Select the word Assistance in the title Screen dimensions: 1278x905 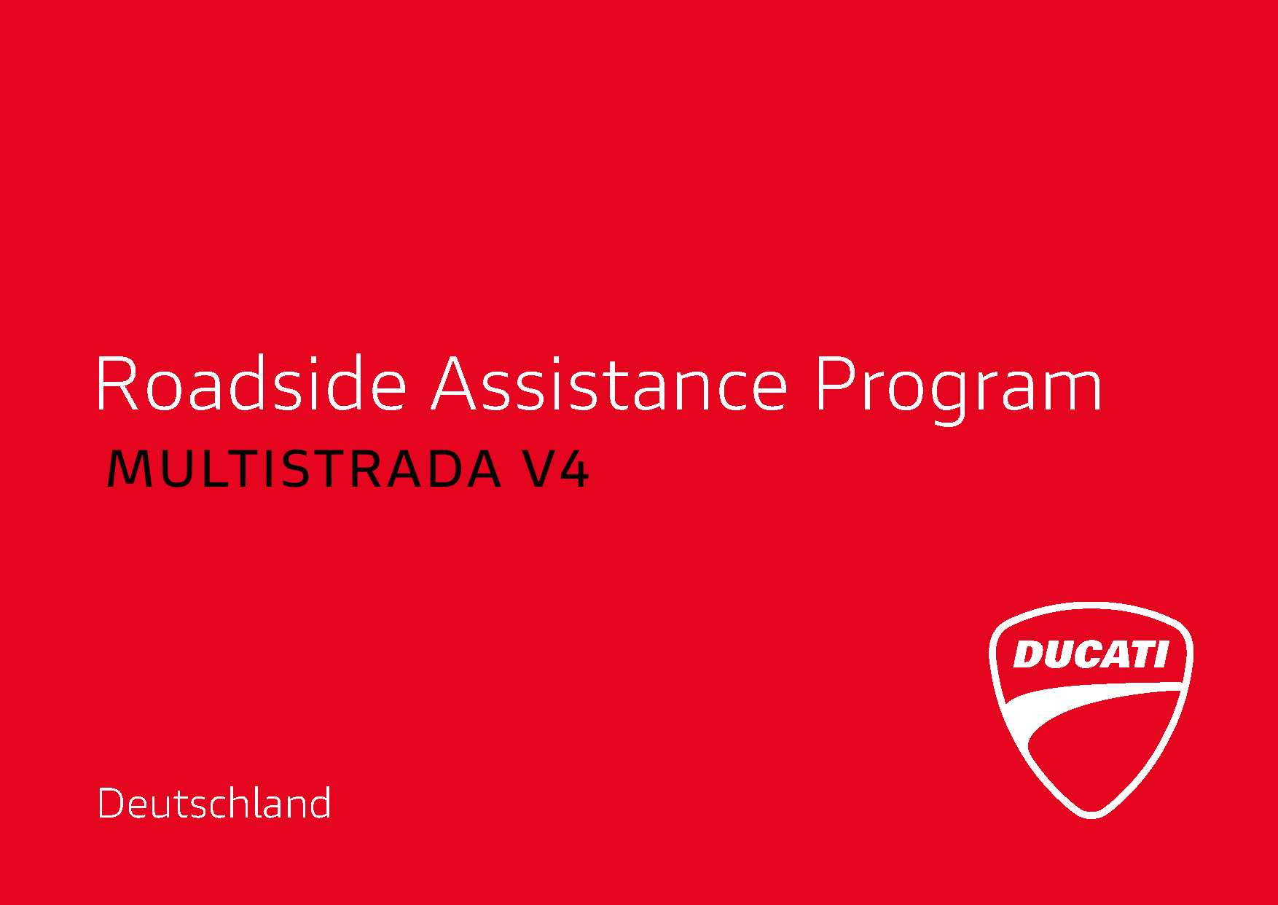[x=610, y=383]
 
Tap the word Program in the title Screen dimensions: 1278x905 [x=958, y=390]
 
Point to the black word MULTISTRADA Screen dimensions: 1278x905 [x=305, y=469]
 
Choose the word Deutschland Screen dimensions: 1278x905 [x=214, y=803]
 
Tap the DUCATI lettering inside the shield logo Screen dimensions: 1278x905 [x=1091, y=654]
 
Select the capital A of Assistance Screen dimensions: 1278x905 [x=457, y=383]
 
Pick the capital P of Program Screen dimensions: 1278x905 [x=835, y=383]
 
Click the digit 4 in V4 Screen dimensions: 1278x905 [x=574, y=469]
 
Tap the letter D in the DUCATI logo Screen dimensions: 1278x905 [x=1029, y=654]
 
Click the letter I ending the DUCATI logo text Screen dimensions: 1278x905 [x=1160, y=654]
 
